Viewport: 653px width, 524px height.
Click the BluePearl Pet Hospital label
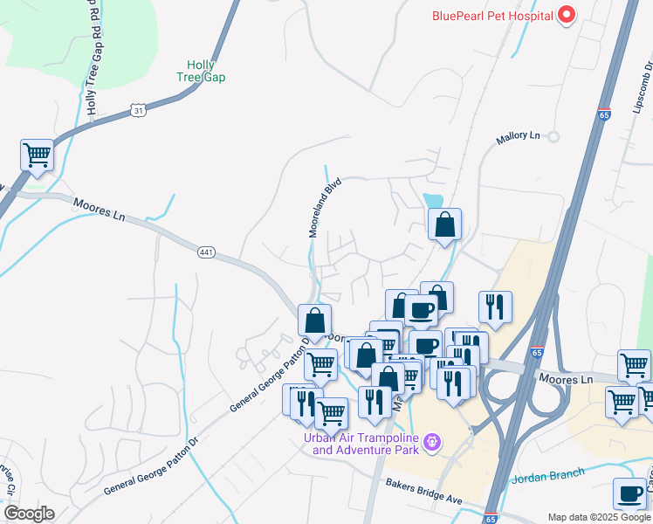pos(493,15)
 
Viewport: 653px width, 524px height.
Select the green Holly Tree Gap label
pos(206,71)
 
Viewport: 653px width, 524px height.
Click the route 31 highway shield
pos(138,109)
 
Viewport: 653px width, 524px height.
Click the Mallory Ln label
pos(519,136)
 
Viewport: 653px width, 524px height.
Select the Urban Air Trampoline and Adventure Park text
pos(361,445)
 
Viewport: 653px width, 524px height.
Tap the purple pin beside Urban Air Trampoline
pos(431,445)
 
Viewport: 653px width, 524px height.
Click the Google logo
pos(28,514)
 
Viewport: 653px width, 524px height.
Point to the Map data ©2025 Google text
pos(599,517)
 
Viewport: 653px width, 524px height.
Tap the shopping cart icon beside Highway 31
pos(38,156)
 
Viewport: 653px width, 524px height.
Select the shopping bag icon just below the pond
pos(444,224)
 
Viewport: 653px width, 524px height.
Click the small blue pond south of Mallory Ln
pos(433,200)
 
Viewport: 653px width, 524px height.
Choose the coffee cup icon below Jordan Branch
pos(629,494)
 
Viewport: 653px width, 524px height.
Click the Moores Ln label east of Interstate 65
pos(566,379)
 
